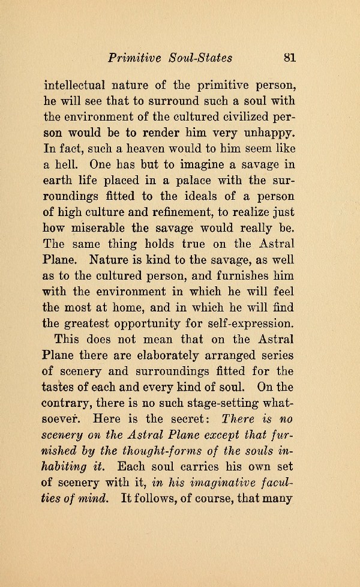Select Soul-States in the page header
202,58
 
